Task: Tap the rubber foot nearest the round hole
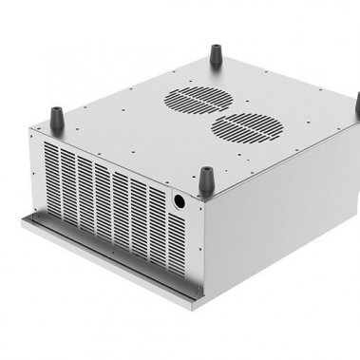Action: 206,179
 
